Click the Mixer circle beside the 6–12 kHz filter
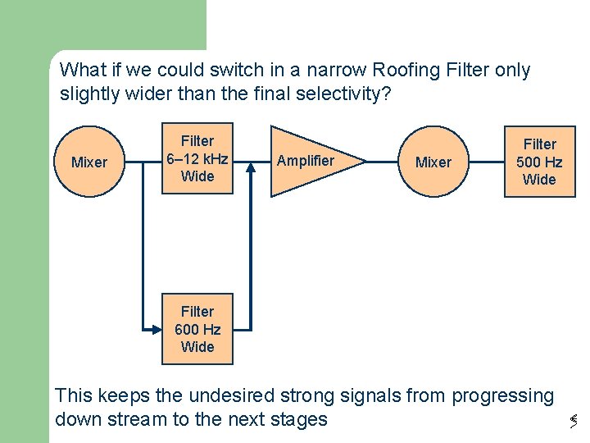[x=88, y=162]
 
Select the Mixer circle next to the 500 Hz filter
[x=433, y=162]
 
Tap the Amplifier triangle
[x=307, y=161]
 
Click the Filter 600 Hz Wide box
[x=197, y=329]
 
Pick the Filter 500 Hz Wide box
[x=539, y=162]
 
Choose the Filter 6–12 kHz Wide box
[x=197, y=158]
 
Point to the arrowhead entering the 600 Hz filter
[x=157, y=329]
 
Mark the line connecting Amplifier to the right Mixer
[x=383, y=162]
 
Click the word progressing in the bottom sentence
[x=503, y=395]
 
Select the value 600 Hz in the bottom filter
[x=197, y=329]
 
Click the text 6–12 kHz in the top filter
[x=197, y=158]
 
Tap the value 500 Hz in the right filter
[x=539, y=162]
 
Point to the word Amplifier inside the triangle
[x=305, y=161]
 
